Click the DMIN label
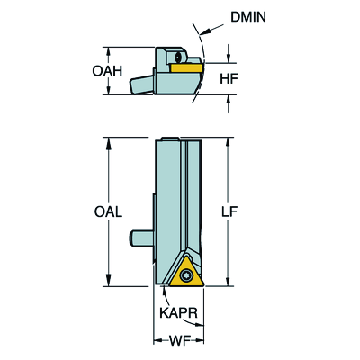(x=248, y=17)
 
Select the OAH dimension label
(x=107, y=71)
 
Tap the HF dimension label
(x=229, y=78)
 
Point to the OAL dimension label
(x=108, y=211)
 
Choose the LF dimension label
(x=229, y=211)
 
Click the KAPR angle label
(x=178, y=313)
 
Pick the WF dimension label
(x=180, y=341)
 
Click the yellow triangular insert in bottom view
(x=186, y=272)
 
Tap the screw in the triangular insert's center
(x=186, y=274)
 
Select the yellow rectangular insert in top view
(x=186, y=67)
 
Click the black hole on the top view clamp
(x=178, y=58)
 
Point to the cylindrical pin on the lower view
(x=141, y=238)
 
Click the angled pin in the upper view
(x=141, y=85)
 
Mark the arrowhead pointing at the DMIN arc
(x=204, y=31)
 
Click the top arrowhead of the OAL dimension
(x=109, y=143)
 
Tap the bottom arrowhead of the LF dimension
(x=229, y=281)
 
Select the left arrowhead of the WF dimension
(x=158, y=341)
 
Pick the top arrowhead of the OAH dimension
(x=109, y=52)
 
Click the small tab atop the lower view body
(x=171, y=139)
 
